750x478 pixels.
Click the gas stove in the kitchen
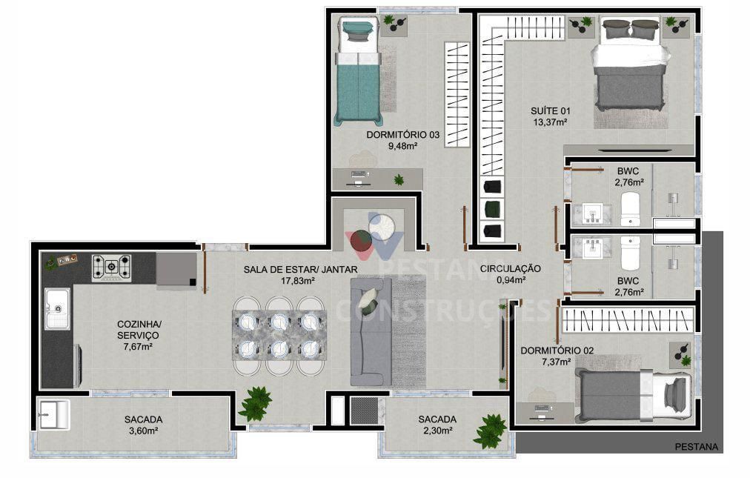[111, 268]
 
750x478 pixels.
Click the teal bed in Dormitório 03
[359, 74]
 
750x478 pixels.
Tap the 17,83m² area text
[299, 281]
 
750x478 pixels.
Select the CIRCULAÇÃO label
[510, 268]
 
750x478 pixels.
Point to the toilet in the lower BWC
[630, 253]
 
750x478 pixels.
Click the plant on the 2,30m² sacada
[490, 430]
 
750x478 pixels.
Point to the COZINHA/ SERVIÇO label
[139, 330]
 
